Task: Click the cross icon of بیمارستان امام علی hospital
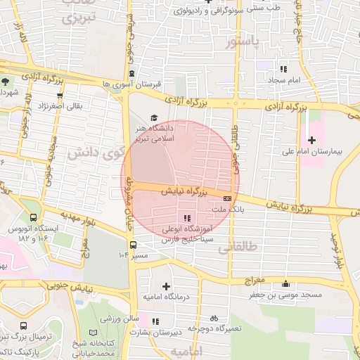point(311,140)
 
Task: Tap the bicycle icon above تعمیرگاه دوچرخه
point(214,318)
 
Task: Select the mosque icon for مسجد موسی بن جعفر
point(286,284)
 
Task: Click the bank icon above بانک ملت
point(226,199)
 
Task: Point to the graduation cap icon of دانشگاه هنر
point(154,118)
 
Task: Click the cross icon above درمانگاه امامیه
point(166,285)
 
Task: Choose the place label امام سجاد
point(283,80)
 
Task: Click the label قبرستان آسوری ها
point(131,84)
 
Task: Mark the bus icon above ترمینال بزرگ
point(23,327)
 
